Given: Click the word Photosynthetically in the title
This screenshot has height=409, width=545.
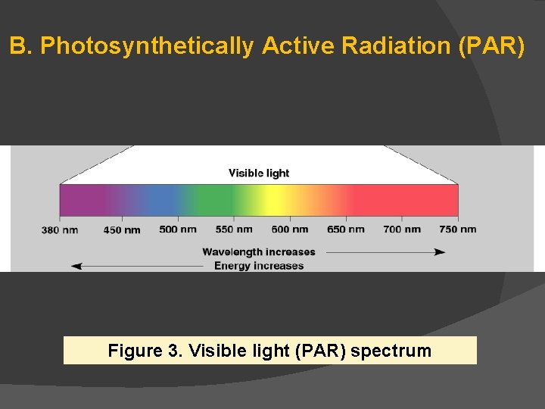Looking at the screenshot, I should click(x=147, y=46).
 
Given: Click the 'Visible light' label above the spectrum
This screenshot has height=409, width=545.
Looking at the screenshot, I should click(x=259, y=173).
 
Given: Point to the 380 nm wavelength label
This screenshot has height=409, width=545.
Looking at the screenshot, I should click(x=60, y=230).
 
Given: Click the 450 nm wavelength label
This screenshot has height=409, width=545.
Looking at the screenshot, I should click(x=121, y=230).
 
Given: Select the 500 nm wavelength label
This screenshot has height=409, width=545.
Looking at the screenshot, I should click(x=178, y=229).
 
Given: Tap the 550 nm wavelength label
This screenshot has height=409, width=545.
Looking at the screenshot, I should click(x=234, y=229).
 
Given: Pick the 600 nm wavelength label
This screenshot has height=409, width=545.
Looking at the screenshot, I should click(x=290, y=229).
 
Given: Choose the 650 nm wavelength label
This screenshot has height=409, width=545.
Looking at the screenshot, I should click(x=346, y=229).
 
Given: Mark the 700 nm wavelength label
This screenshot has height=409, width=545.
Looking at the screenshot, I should click(x=402, y=229).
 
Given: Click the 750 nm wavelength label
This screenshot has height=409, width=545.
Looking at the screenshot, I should click(x=458, y=229).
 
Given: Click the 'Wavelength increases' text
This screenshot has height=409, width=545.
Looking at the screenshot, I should click(x=258, y=252).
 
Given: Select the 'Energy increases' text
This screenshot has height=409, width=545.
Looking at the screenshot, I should click(x=258, y=266).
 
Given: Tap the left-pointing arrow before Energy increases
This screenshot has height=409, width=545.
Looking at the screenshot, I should click(x=136, y=266).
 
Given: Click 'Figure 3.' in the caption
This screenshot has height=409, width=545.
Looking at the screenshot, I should click(x=145, y=351).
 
